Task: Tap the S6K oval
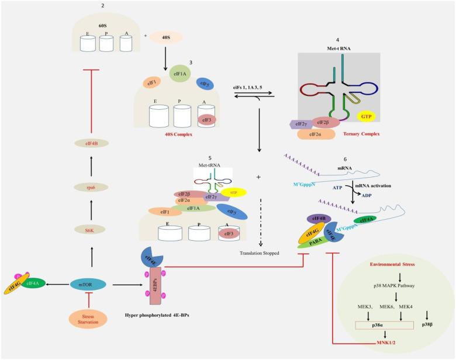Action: tap(89, 231)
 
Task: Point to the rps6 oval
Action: tap(89, 186)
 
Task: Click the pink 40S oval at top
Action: tap(167, 37)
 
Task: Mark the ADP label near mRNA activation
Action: tap(367, 197)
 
